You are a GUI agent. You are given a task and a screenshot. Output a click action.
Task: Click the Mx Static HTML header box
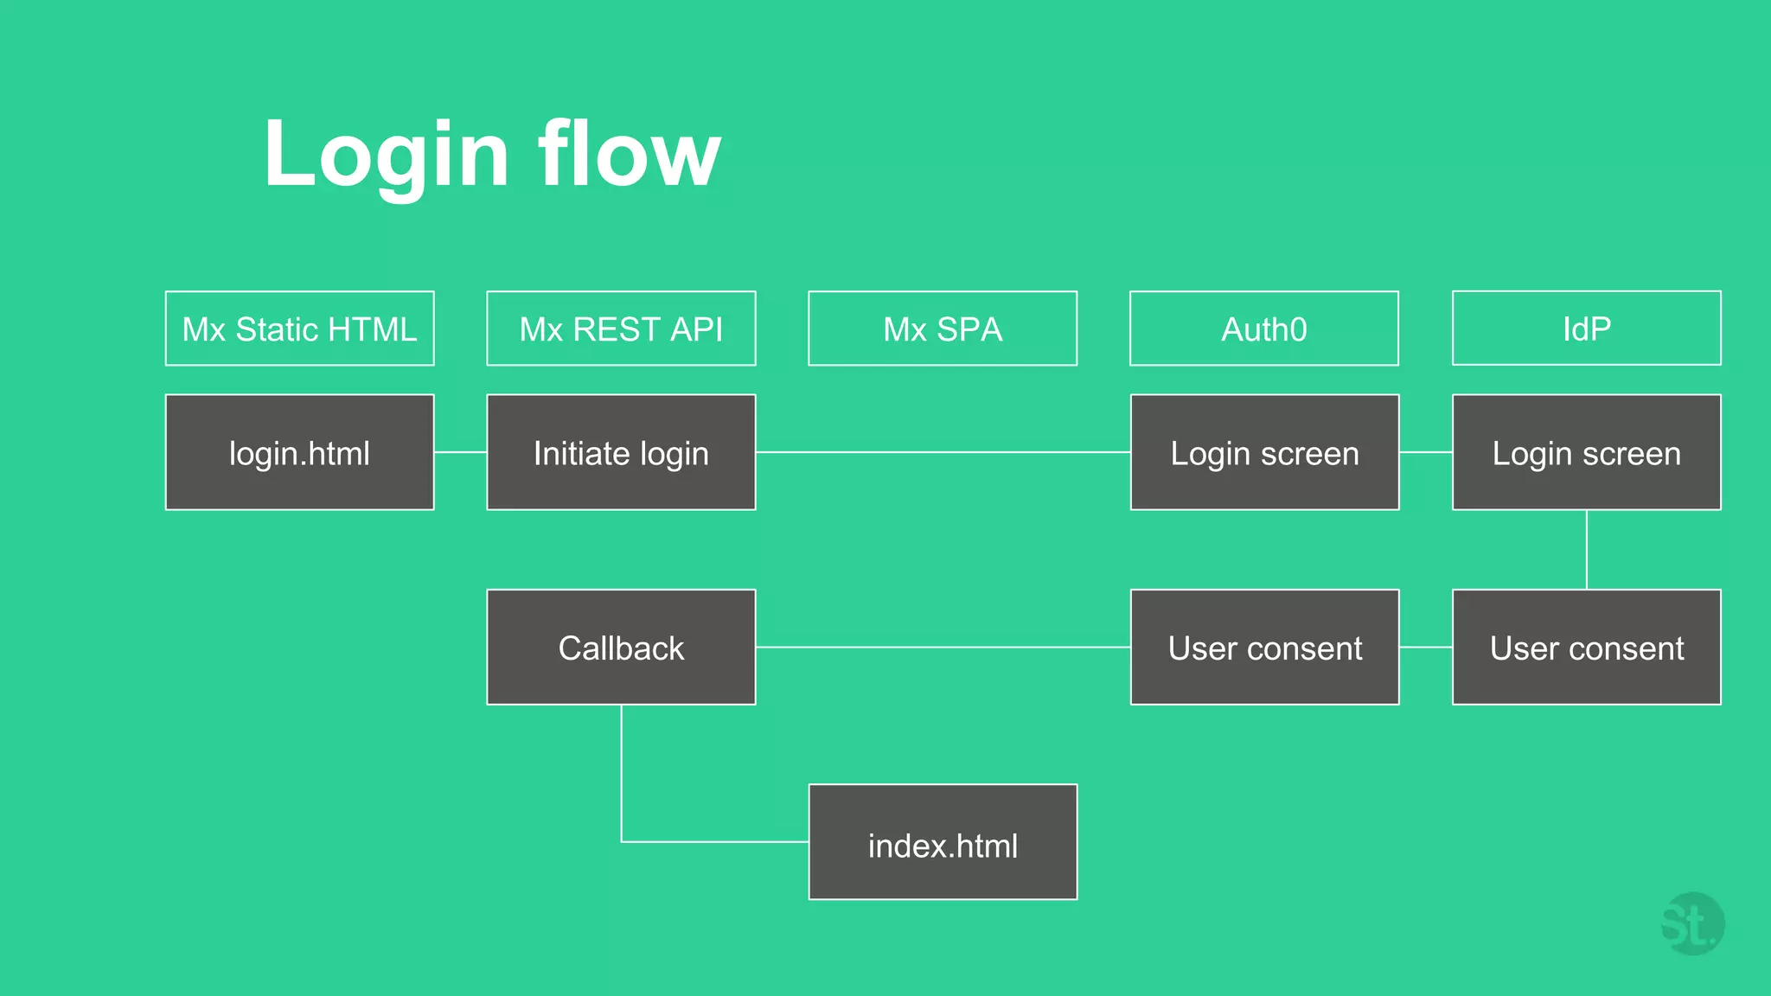[x=299, y=329]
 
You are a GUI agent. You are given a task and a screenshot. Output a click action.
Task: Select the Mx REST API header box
[x=621, y=329]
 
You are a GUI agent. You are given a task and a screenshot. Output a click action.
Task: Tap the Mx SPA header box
[x=943, y=329]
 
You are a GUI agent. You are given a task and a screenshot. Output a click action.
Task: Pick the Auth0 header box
[x=1263, y=329]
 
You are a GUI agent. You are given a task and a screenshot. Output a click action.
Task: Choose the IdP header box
[x=1586, y=329]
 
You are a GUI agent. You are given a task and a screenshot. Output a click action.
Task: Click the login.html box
[x=299, y=452]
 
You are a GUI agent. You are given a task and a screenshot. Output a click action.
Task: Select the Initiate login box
[x=621, y=452]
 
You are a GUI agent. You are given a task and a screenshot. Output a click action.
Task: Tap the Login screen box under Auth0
[x=1264, y=452]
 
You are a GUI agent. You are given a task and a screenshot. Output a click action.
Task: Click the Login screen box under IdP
[x=1586, y=452]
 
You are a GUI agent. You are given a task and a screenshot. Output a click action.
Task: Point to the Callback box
[x=621, y=647]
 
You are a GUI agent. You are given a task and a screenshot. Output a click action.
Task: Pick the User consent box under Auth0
[x=1264, y=647]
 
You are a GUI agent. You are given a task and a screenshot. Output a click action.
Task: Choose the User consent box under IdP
[x=1586, y=647]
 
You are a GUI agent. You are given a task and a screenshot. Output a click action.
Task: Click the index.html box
[x=943, y=842]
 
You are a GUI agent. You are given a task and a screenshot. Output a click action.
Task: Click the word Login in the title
[x=386, y=156]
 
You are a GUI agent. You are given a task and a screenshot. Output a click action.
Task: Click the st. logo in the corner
[x=1691, y=924]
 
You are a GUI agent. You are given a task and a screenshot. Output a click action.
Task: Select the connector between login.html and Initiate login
[x=460, y=452]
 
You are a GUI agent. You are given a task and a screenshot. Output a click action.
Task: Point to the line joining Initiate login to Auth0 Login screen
[x=943, y=452]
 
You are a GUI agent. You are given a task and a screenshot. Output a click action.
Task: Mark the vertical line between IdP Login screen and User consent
[x=1587, y=550]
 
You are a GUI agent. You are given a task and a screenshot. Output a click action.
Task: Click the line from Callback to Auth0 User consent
[x=943, y=647]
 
